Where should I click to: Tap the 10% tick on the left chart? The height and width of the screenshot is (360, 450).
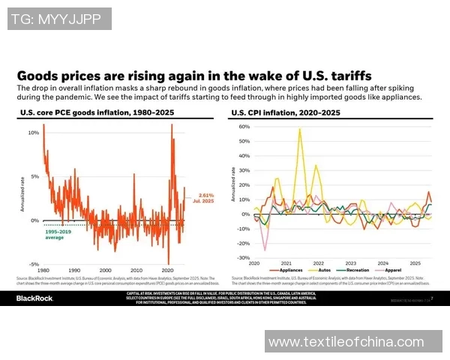tap(33, 133)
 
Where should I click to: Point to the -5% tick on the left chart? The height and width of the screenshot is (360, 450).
tap(33, 264)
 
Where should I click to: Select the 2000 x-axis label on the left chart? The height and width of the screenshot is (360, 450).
tap(105, 270)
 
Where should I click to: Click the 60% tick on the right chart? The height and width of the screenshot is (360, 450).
tap(243, 127)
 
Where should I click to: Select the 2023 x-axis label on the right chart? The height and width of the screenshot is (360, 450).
tap(349, 264)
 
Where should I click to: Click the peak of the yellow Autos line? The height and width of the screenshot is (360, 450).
tap(300, 129)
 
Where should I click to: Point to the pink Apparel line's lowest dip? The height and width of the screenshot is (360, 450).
tap(265, 250)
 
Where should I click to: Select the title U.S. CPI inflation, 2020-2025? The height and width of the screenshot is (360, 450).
tap(285, 113)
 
